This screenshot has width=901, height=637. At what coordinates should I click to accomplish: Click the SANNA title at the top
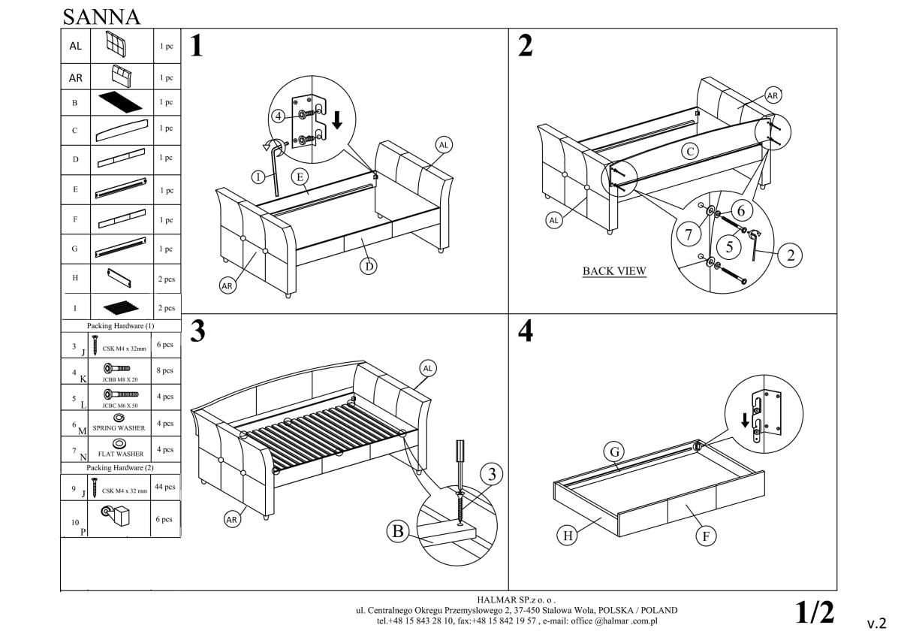click(101, 16)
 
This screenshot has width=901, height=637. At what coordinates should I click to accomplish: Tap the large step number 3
click(197, 331)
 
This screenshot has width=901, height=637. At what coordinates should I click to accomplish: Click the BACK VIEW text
click(614, 271)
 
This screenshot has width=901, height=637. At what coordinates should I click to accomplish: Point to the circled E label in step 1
click(299, 177)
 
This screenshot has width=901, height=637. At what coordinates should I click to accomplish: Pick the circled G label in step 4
click(614, 452)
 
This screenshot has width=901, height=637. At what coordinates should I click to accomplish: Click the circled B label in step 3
click(398, 532)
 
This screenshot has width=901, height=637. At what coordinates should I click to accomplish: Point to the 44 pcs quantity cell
click(164, 487)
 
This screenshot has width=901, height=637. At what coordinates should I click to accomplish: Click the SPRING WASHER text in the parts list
click(119, 428)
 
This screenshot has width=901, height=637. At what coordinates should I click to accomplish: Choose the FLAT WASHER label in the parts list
click(120, 454)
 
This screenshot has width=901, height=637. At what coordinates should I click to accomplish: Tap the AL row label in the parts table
click(75, 46)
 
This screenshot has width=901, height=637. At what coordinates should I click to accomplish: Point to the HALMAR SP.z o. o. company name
click(517, 600)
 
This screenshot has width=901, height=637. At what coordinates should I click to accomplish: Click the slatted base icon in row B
click(120, 101)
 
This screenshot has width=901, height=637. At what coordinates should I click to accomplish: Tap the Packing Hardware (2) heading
click(120, 467)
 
